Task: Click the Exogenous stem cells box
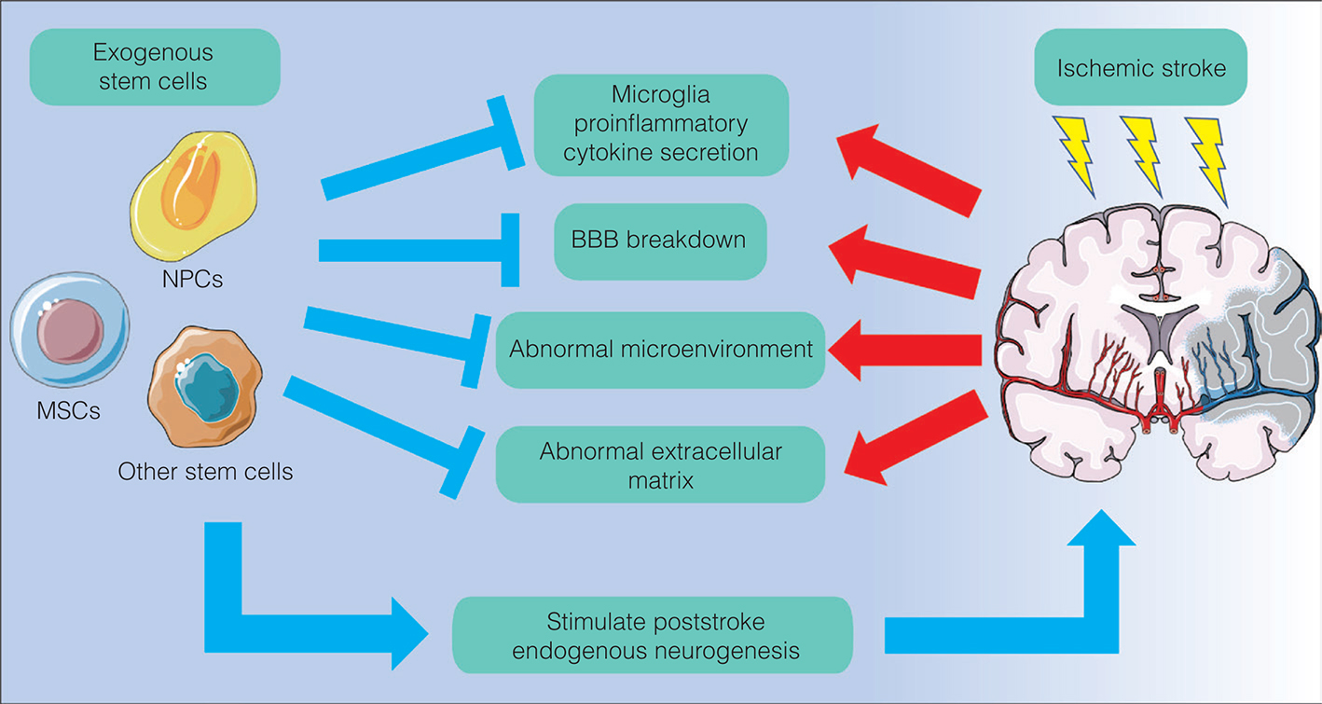pos(155,66)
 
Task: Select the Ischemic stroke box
pos(1140,67)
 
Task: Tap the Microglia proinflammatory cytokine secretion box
pos(660,123)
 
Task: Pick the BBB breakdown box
pos(659,241)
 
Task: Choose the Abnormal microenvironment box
pos(660,351)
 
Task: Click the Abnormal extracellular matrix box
pos(660,465)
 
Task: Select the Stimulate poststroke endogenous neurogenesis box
pos(652,636)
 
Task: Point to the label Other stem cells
pos(205,472)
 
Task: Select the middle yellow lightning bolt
pos(1142,154)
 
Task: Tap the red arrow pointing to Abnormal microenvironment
pos(904,351)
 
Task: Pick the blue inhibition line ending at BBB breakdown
pos(415,250)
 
